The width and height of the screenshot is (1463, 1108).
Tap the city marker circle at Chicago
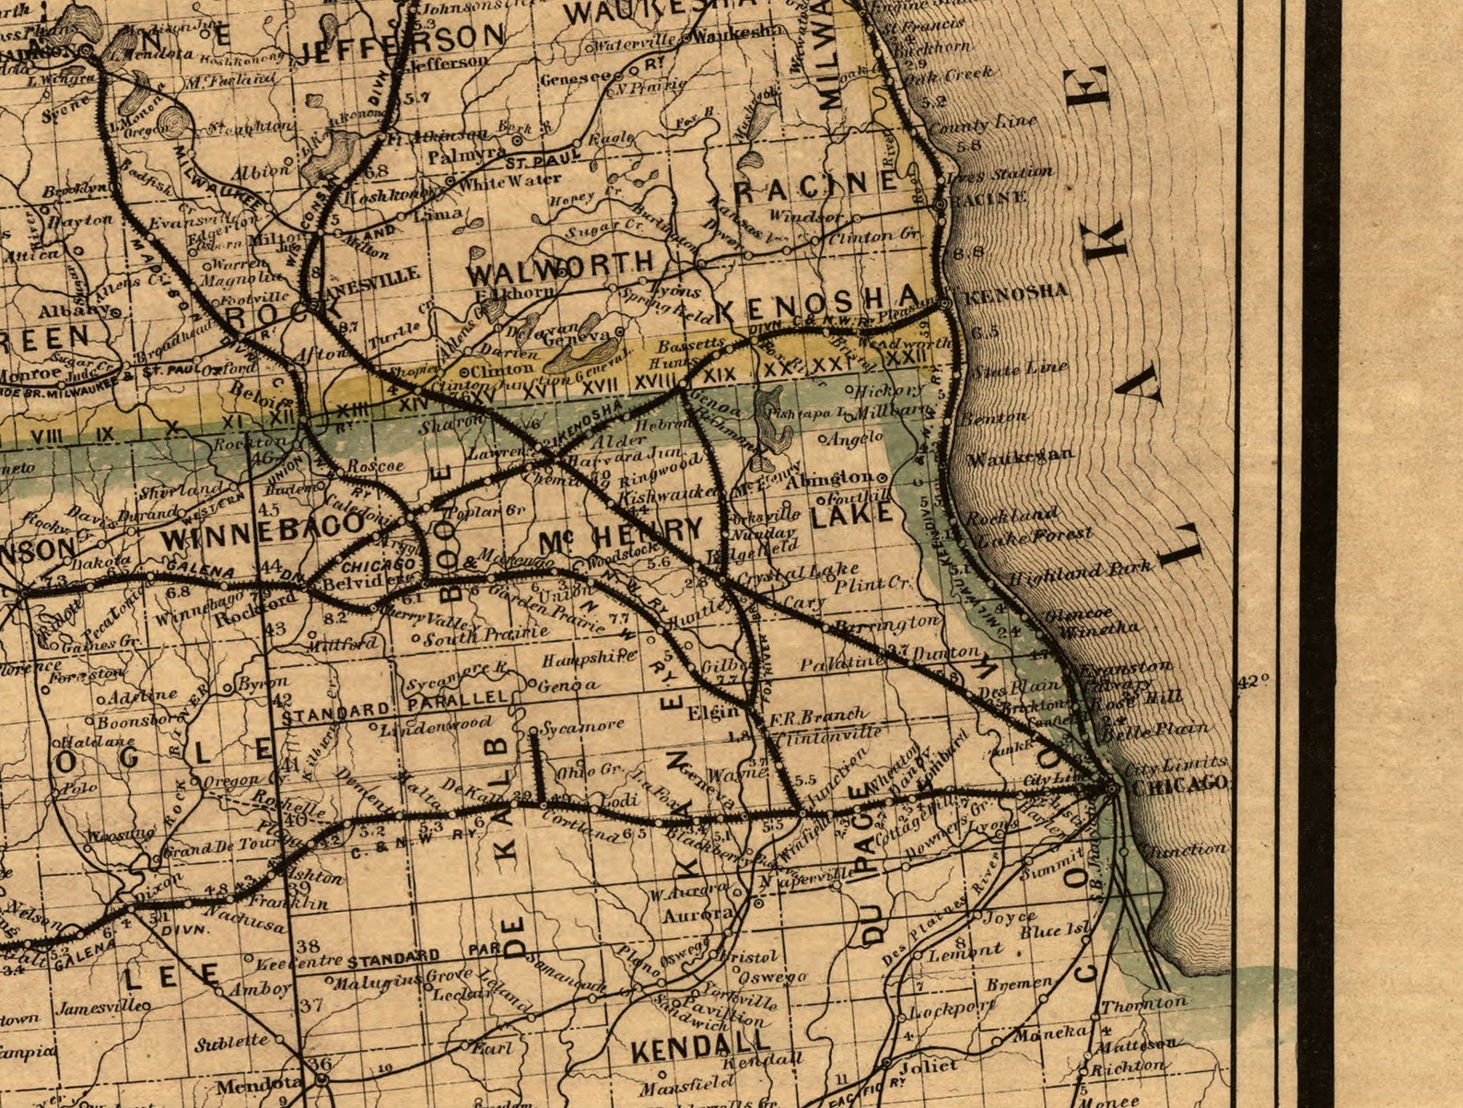click(1112, 788)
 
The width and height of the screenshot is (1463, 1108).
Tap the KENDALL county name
click(700, 1045)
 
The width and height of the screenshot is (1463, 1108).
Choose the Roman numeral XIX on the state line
click(720, 376)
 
